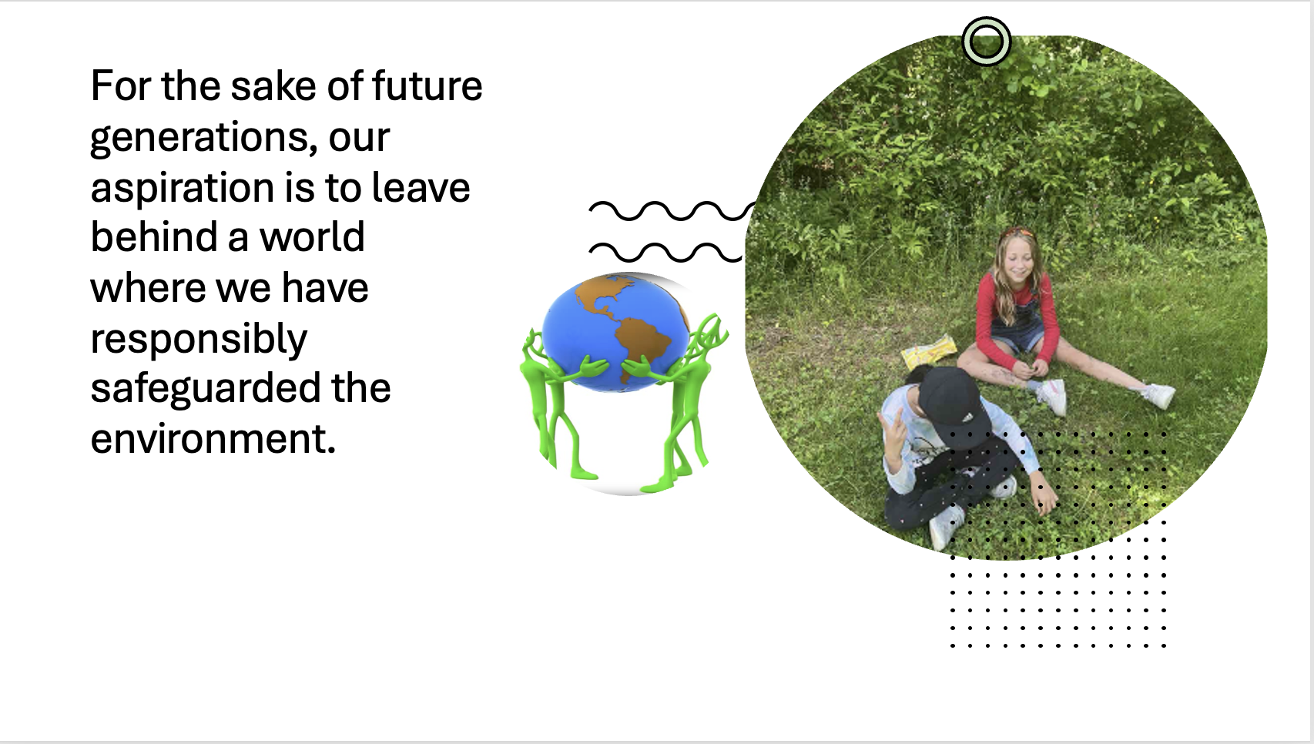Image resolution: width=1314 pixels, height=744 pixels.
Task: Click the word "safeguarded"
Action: click(206, 389)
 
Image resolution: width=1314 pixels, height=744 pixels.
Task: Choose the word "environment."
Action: click(213, 438)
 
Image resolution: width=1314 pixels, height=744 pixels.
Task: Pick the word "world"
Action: click(312, 237)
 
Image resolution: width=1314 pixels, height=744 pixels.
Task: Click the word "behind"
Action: click(154, 237)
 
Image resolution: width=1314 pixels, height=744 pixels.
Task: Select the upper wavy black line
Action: click(672, 211)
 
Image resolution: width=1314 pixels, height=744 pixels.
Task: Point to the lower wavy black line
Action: click(666, 253)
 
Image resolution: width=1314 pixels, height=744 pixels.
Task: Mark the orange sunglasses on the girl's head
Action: click(1017, 233)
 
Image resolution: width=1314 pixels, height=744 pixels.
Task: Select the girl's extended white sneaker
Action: click(1159, 396)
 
